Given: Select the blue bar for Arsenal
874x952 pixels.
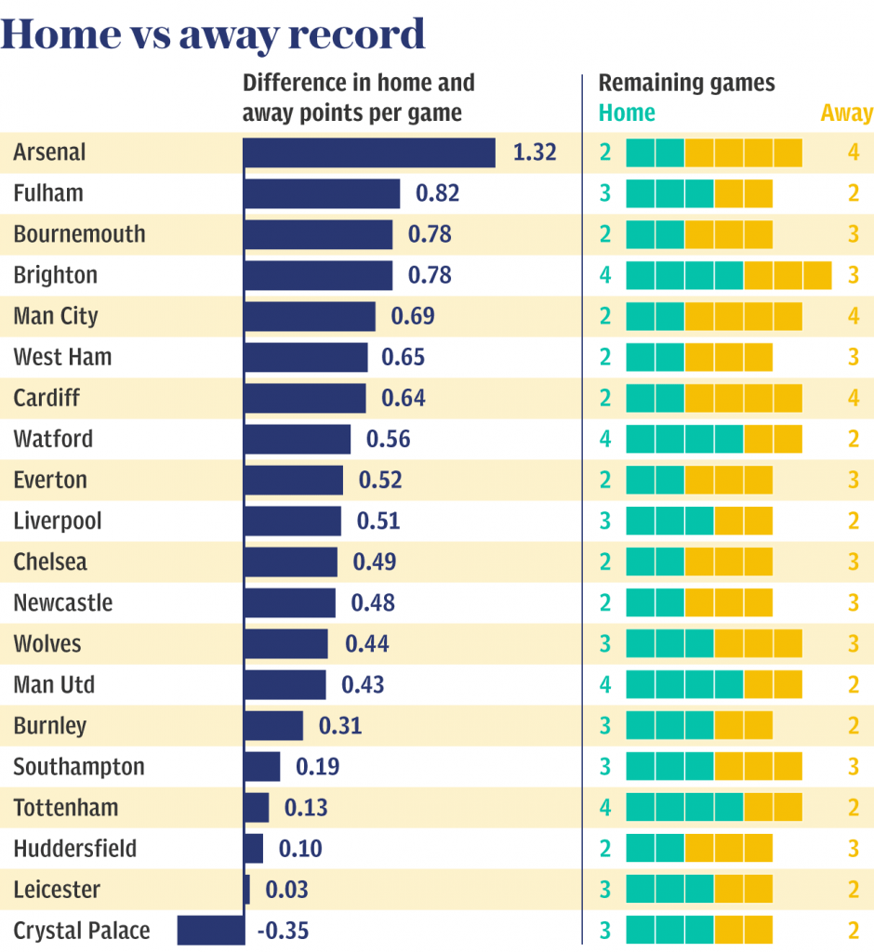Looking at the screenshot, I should [369, 152].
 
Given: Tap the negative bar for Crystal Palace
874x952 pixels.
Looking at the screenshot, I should [211, 930].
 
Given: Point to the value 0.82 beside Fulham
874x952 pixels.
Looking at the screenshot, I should [438, 193].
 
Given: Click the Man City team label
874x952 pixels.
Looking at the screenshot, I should [56, 316].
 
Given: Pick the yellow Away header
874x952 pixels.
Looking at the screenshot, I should [846, 113].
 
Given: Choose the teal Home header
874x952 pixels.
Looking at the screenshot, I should [627, 113].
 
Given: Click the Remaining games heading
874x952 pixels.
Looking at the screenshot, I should [686, 83].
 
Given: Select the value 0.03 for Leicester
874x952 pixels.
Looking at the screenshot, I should [286, 890].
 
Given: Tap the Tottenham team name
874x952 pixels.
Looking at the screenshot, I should [66, 808].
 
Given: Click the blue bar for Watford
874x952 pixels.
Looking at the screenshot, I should [298, 439].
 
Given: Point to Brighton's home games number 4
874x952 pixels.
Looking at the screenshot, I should [605, 275].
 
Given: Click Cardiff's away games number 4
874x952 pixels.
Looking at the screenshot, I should [854, 398].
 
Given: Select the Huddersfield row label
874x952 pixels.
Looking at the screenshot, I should [75, 849].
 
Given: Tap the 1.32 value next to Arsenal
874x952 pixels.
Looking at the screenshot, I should [535, 152].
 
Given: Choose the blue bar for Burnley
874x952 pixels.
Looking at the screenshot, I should [273, 726].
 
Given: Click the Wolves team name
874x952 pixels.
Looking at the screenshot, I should [47, 644].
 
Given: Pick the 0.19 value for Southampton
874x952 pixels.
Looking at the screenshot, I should [317, 767].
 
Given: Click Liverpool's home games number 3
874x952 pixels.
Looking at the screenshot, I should [605, 521].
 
